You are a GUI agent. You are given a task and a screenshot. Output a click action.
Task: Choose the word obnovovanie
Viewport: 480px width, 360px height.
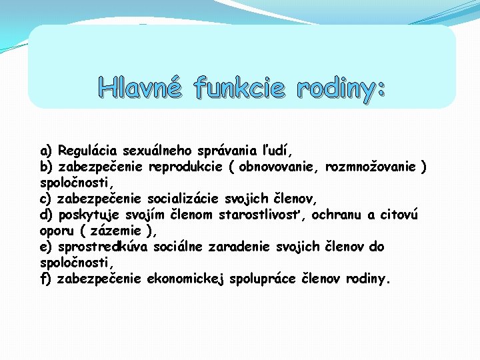(280, 165)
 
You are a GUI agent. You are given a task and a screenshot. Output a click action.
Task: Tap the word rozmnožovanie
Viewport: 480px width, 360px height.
(373, 165)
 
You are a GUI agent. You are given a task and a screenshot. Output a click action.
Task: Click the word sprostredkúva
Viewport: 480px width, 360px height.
(103, 247)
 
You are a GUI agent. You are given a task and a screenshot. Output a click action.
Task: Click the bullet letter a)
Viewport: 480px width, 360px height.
(47, 149)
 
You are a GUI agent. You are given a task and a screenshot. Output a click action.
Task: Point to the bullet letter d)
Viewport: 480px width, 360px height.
(47, 214)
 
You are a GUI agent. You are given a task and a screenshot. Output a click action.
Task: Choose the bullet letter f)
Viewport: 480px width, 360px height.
(46, 279)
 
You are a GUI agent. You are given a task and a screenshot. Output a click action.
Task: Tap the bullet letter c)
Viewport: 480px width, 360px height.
(46, 198)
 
